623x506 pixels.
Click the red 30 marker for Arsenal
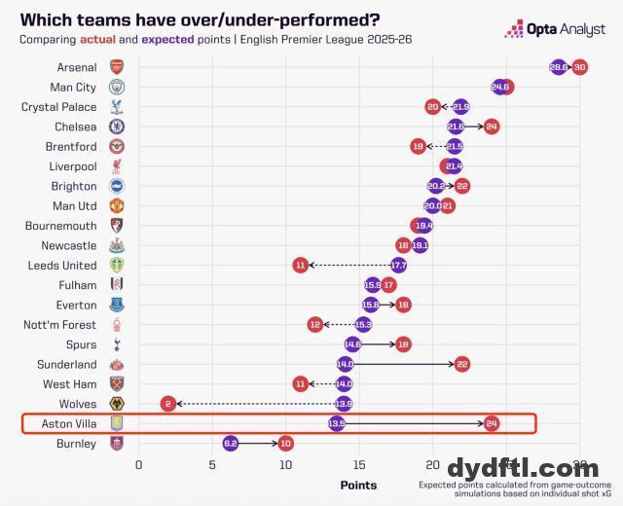580,67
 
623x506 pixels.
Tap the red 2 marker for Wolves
168,403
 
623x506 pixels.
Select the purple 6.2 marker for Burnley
230,443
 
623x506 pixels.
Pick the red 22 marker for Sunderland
462,364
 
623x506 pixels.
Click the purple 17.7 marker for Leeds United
398,265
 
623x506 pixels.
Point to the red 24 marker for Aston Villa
492,423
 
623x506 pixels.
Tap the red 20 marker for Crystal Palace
433,106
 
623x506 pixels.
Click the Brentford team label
71,146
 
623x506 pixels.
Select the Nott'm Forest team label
60,325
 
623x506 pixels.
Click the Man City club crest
117,87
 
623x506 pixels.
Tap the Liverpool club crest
117,166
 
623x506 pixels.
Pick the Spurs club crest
117,344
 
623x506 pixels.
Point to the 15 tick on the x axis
359,465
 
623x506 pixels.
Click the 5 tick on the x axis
212,465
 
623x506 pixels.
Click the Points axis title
358,485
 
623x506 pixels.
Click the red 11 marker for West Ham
301,383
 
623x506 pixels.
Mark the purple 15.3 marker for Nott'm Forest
363,324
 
